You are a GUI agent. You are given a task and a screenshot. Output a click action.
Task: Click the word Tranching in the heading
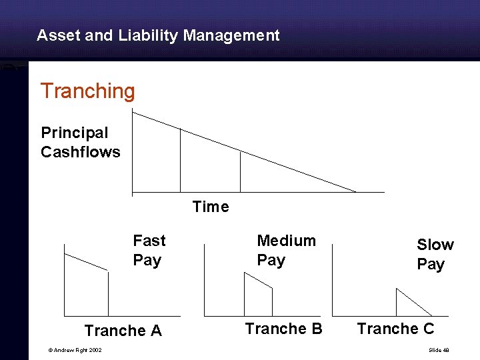click(87, 91)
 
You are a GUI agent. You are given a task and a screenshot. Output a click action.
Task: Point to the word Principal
click(74, 133)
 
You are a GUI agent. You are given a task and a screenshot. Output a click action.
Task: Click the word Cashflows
click(81, 152)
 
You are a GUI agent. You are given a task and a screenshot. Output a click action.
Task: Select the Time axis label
click(210, 207)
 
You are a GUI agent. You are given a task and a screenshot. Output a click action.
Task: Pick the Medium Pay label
click(286, 250)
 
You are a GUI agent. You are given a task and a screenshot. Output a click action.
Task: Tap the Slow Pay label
click(435, 254)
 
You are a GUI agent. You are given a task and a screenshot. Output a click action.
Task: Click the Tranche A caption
click(123, 331)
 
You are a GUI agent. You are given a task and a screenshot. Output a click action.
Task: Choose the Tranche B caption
click(283, 329)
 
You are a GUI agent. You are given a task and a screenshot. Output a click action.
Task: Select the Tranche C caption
click(395, 329)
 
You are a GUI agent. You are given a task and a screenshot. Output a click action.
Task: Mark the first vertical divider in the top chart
click(180, 160)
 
